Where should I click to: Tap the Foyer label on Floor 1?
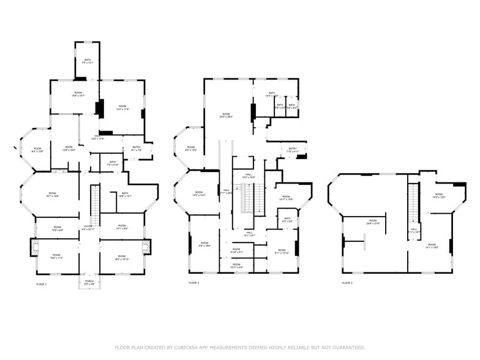(x=89, y=228)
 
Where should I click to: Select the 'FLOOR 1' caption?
(x=41, y=284)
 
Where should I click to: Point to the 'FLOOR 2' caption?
(x=193, y=283)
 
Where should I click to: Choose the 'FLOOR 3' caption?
(x=347, y=283)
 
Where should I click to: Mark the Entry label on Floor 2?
(x=293, y=149)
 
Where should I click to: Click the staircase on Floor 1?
(x=95, y=205)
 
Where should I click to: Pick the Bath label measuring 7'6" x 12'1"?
(x=87, y=61)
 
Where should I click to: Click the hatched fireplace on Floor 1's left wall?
(x=35, y=247)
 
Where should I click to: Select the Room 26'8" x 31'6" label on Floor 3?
(x=373, y=222)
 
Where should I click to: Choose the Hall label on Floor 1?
(x=97, y=138)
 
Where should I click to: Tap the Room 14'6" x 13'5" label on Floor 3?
(x=438, y=197)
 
